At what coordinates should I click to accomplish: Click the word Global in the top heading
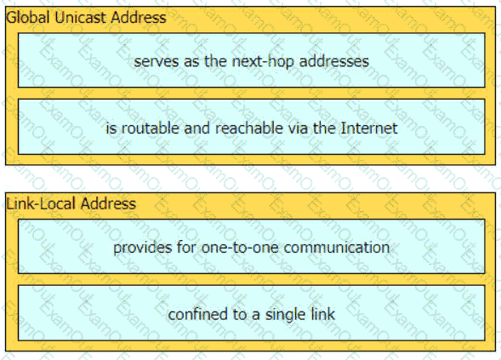click(28, 17)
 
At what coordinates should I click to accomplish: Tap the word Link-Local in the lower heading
click(42, 203)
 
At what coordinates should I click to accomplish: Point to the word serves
click(157, 61)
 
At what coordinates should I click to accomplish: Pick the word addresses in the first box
click(334, 61)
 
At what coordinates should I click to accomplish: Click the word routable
click(150, 129)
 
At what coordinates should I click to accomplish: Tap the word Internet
click(369, 129)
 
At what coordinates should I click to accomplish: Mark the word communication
click(337, 248)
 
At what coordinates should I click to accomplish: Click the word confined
click(198, 314)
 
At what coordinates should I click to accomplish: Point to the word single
click(282, 315)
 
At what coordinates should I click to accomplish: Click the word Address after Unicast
click(138, 17)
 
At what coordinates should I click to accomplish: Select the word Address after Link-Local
click(108, 203)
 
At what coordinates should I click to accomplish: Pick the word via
click(298, 129)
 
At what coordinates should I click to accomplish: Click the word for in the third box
click(186, 248)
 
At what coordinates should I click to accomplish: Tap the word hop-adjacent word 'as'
click(191, 61)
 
